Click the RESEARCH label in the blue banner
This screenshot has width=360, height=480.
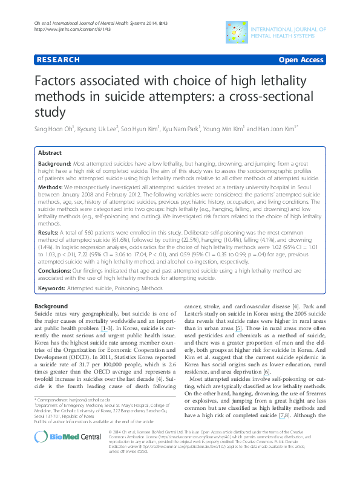coord(58,60)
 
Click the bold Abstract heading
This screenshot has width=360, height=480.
coord(50,154)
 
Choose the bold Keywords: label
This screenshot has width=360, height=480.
coord(52,289)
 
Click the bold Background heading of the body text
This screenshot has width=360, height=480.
coord(51,306)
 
